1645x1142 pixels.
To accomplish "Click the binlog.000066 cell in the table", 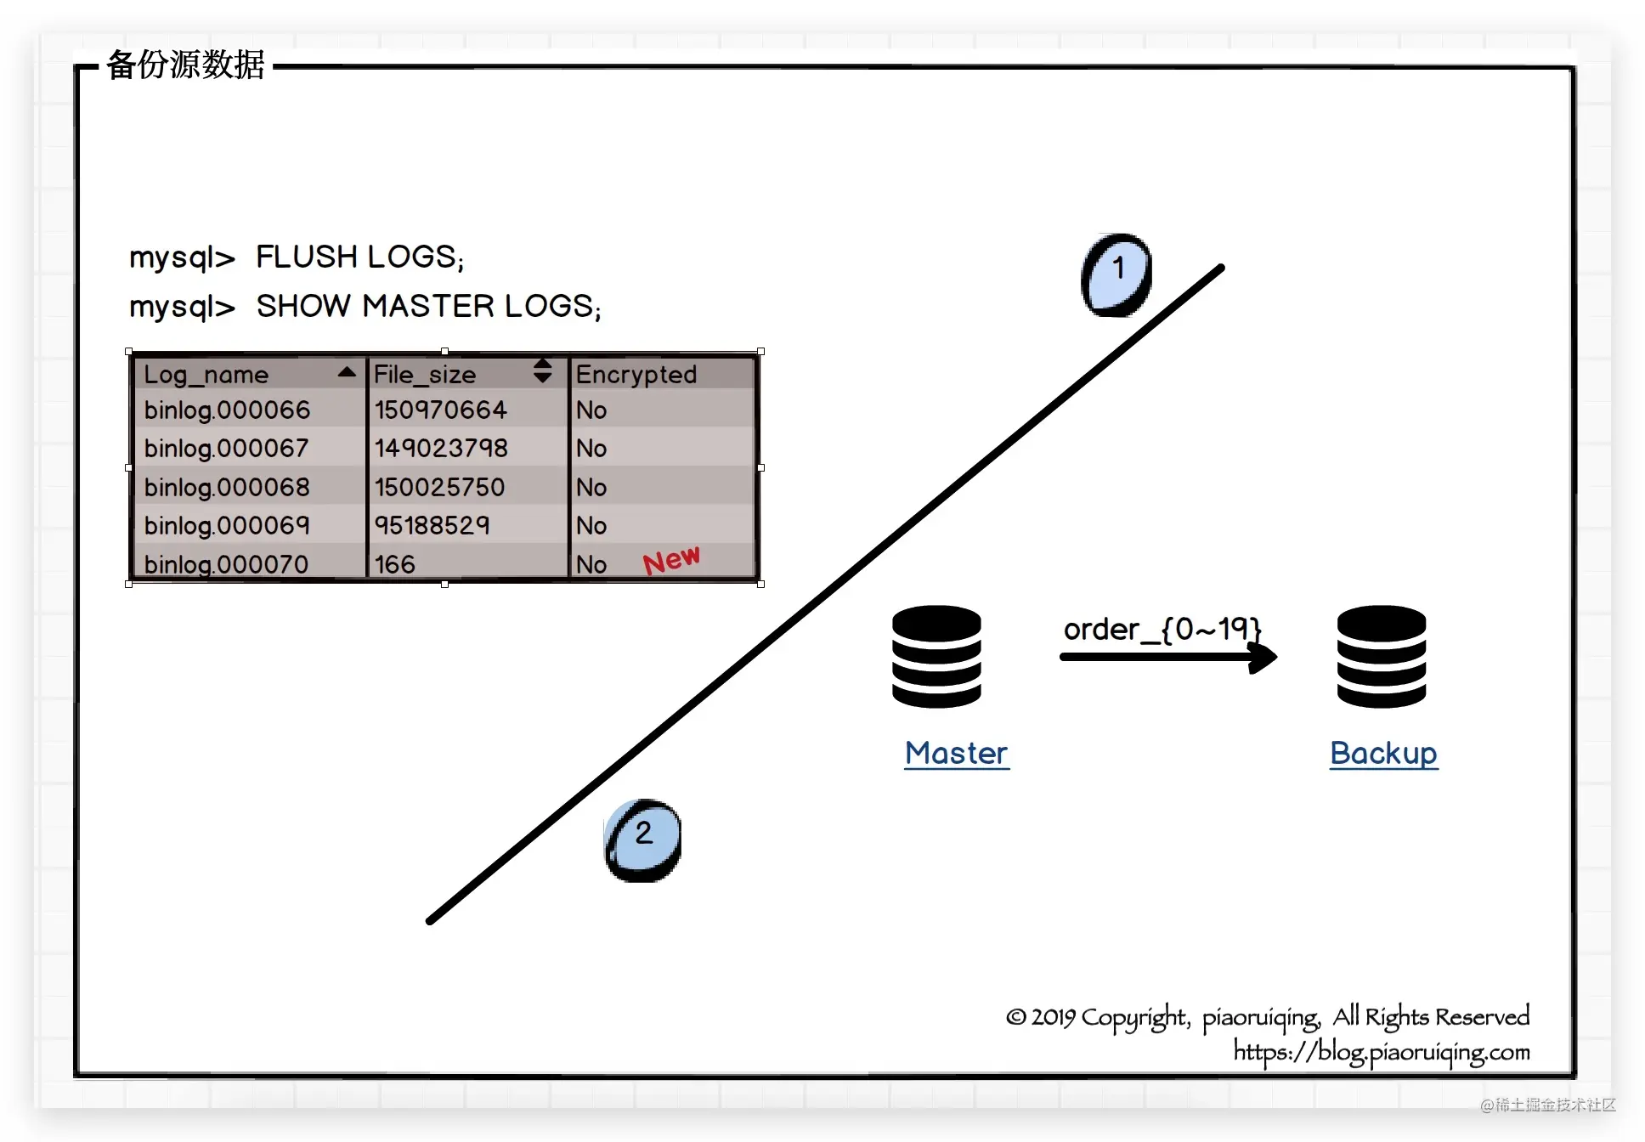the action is pyautogui.click(x=227, y=410).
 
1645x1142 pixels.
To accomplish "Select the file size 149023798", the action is pyautogui.click(x=441, y=448).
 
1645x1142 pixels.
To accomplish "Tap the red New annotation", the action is pyautogui.click(x=671, y=560).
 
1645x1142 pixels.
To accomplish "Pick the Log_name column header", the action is pyautogui.click(x=206, y=375).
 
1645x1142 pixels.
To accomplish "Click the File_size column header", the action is pyautogui.click(x=425, y=375).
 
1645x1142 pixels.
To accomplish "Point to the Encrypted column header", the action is pyautogui.click(x=636, y=375).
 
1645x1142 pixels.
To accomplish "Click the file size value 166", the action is pyautogui.click(x=395, y=564).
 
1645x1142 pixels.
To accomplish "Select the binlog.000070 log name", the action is pyautogui.click(x=226, y=564).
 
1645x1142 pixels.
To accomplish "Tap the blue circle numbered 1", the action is pyautogui.click(x=1116, y=274).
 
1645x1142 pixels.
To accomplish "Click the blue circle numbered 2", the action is pyautogui.click(x=642, y=840).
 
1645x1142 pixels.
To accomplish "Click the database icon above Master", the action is pyautogui.click(x=936, y=656).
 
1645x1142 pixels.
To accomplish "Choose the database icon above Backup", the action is pyautogui.click(x=1382, y=656).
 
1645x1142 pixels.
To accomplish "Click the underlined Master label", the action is pyautogui.click(x=957, y=754).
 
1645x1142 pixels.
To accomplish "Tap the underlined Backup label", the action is pyautogui.click(x=1383, y=754).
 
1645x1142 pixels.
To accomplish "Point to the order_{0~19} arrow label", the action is pyautogui.click(x=1162, y=629).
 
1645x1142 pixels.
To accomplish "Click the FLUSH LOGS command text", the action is pyautogui.click(x=360, y=257).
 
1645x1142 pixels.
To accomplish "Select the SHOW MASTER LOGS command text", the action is pyautogui.click(x=429, y=306).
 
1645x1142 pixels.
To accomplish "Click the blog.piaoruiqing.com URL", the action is pyautogui.click(x=1382, y=1052).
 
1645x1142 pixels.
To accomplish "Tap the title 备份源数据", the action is pyautogui.click(x=186, y=65).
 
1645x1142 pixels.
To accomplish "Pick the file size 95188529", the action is pyautogui.click(x=432, y=525).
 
